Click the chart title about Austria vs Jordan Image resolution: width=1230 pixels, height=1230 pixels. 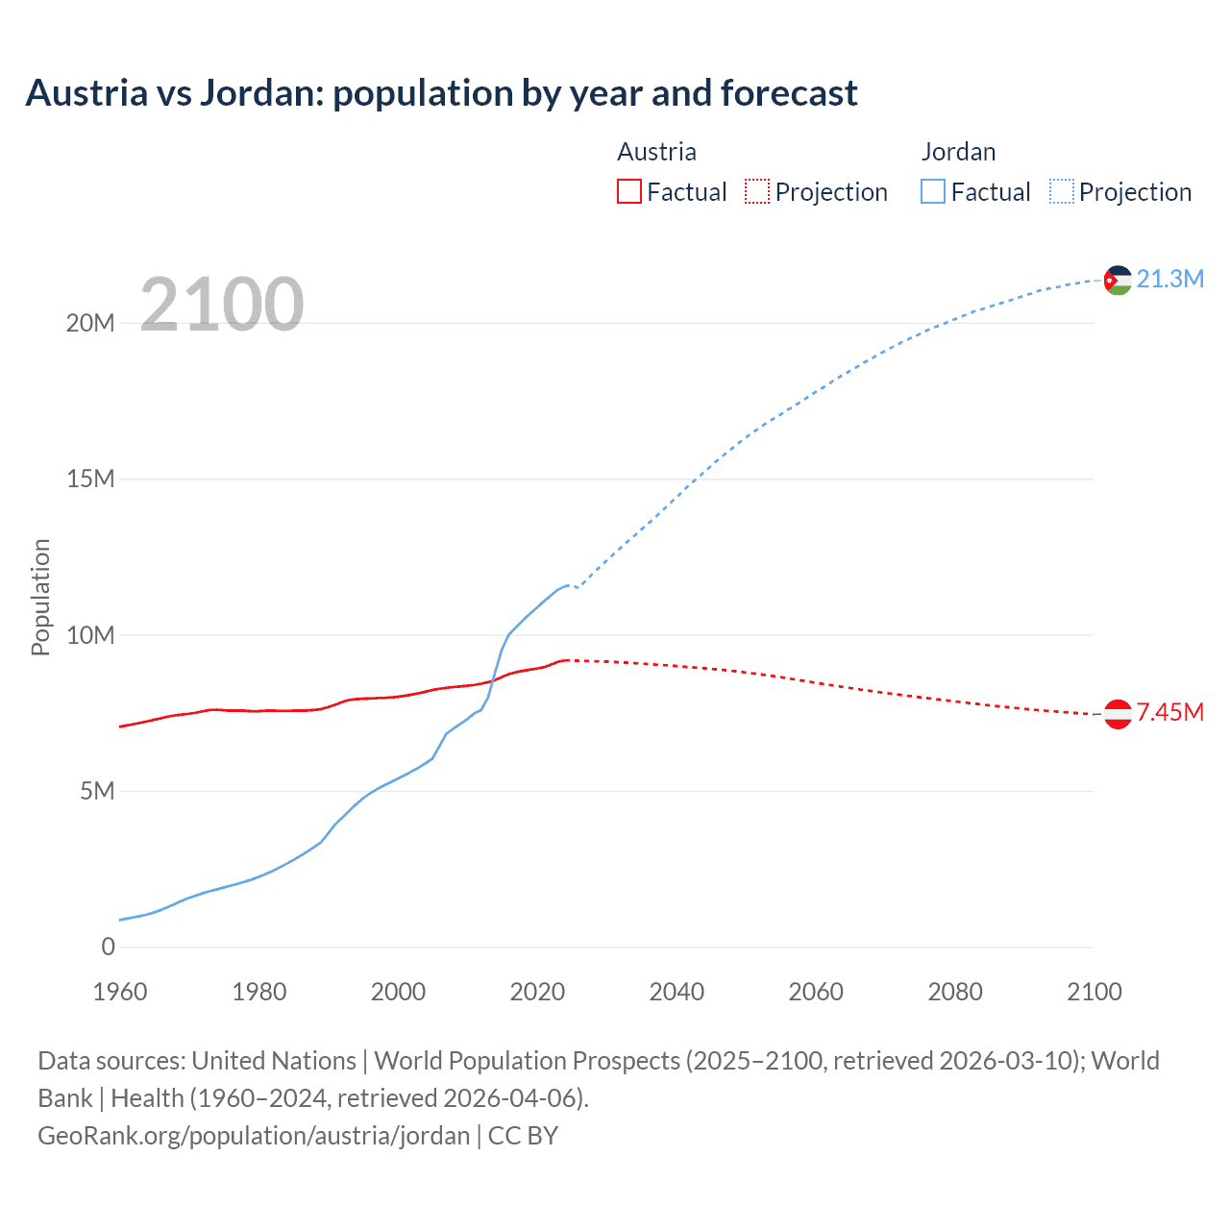click(x=441, y=93)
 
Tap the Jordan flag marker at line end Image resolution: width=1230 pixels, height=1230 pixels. click(x=1118, y=280)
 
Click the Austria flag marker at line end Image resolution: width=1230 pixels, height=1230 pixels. click(x=1118, y=714)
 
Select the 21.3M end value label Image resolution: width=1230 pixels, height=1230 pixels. click(x=1169, y=279)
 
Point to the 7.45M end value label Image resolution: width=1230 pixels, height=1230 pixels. click(x=1169, y=712)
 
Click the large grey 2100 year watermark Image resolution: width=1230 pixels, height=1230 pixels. click(x=222, y=305)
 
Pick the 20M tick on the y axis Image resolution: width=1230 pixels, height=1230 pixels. click(x=90, y=323)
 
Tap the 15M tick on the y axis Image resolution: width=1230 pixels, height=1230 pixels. click(x=90, y=479)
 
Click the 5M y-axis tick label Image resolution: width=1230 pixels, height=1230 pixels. click(x=97, y=791)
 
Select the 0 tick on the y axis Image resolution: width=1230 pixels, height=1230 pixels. click(x=108, y=947)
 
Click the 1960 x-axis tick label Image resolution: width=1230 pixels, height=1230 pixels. click(x=120, y=992)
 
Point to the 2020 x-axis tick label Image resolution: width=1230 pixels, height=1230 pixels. click(x=537, y=992)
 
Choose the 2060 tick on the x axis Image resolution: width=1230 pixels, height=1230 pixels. click(x=816, y=992)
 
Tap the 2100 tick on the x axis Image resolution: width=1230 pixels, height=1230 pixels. click(x=1094, y=992)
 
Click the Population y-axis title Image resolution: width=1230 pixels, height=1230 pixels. click(x=40, y=597)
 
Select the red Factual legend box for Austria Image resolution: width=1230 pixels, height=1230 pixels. click(x=628, y=192)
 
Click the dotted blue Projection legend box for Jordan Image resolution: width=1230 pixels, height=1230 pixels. click(x=1061, y=192)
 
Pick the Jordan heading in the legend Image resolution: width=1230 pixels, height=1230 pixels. click(x=958, y=152)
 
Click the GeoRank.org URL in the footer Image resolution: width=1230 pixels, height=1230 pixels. click(x=254, y=1135)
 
